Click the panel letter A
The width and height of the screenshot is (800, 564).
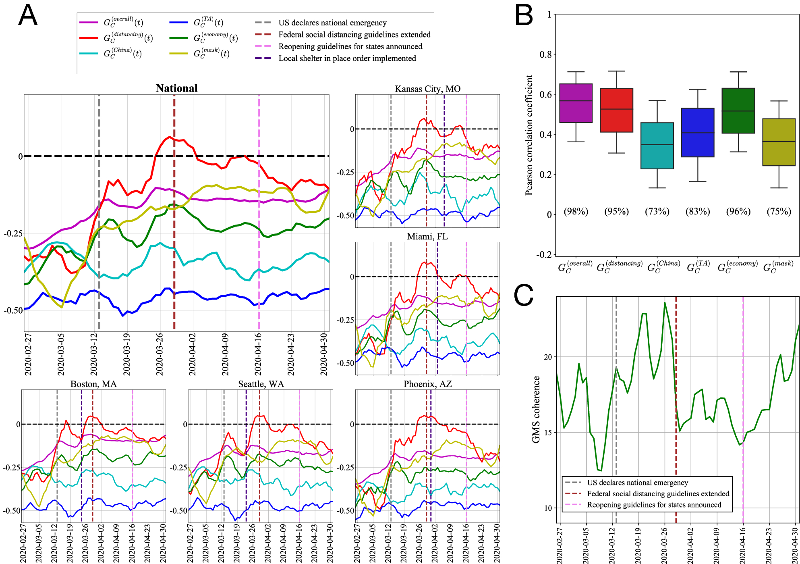[28, 16]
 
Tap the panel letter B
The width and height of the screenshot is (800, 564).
[524, 16]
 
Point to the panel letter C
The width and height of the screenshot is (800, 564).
[523, 295]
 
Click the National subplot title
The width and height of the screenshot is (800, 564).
[176, 88]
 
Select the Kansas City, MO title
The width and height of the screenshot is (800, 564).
[427, 89]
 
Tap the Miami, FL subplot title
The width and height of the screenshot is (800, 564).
[427, 236]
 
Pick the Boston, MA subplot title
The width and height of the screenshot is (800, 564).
[93, 384]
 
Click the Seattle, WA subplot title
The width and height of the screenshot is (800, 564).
[261, 384]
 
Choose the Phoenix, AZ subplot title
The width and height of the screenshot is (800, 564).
[427, 384]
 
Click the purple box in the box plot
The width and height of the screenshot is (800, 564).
[576, 103]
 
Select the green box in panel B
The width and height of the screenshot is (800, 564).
[738, 110]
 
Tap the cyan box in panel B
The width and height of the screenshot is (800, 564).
[657, 146]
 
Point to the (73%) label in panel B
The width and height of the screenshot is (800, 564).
[657, 211]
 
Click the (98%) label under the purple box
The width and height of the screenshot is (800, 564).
[576, 211]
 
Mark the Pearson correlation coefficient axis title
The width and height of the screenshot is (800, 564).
[529, 135]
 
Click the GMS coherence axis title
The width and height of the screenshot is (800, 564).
[536, 409]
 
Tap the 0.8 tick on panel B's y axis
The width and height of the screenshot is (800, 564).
[545, 54]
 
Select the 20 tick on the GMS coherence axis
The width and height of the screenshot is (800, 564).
[547, 357]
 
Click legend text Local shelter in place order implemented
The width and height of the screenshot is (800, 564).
[347, 58]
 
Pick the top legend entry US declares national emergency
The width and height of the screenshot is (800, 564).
[332, 23]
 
